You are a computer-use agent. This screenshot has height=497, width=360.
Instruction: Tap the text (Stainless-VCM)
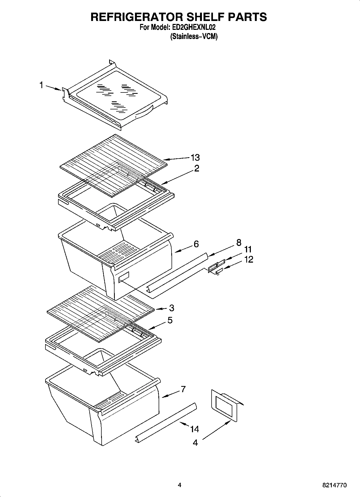(x=194, y=37)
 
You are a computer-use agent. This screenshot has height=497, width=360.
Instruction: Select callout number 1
(x=41, y=85)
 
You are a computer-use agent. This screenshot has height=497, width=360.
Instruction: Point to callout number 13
(x=195, y=157)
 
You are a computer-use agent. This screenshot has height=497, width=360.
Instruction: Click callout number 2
(x=197, y=169)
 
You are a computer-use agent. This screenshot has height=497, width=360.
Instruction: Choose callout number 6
(x=196, y=244)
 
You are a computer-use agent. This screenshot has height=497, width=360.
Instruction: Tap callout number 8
(x=238, y=242)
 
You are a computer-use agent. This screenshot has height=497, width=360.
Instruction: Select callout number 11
(x=248, y=249)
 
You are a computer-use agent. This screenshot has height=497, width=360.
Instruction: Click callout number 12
(x=249, y=259)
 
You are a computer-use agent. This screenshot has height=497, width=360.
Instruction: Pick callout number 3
(x=172, y=308)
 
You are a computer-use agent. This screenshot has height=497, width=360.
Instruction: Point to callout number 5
(x=170, y=320)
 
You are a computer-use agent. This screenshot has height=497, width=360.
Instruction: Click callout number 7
(x=183, y=389)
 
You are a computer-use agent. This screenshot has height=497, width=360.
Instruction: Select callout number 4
(x=195, y=442)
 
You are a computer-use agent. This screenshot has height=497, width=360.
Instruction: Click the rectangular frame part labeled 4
(x=224, y=405)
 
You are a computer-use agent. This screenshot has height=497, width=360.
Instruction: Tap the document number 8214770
(x=334, y=485)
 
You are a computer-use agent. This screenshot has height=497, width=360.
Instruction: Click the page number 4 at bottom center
(x=180, y=485)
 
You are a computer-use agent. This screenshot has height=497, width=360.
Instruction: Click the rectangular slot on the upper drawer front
(x=124, y=277)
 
